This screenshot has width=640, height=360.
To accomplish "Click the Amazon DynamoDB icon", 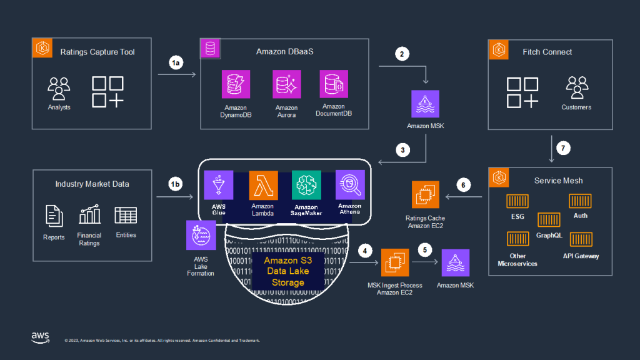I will [x=236, y=84].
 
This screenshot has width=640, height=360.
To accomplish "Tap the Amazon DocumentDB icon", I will [x=334, y=84].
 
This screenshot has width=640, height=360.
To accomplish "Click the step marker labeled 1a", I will [x=177, y=62].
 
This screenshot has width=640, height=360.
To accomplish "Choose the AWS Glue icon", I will [x=218, y=185].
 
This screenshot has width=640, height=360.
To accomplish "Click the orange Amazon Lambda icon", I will [x=263, y=185].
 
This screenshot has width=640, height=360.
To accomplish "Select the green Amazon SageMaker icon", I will [x=306, y=185].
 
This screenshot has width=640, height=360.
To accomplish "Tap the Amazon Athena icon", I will [x=350, y=185].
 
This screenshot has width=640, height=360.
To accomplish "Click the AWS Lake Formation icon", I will [x=201, y=235].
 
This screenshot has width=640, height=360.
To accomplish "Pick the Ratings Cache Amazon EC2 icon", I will [x=426, y=194].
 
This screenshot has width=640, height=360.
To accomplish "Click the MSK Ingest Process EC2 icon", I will [x=395, y=262].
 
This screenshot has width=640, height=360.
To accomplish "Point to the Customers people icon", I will [x=576, y=88].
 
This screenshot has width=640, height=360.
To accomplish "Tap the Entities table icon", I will [x=126, y=216].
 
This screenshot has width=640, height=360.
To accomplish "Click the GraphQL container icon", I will [x=549, y=220].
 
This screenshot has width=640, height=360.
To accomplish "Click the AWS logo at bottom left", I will [x=41, y=337].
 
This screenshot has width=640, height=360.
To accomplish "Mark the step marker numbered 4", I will [x=366, y=251].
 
